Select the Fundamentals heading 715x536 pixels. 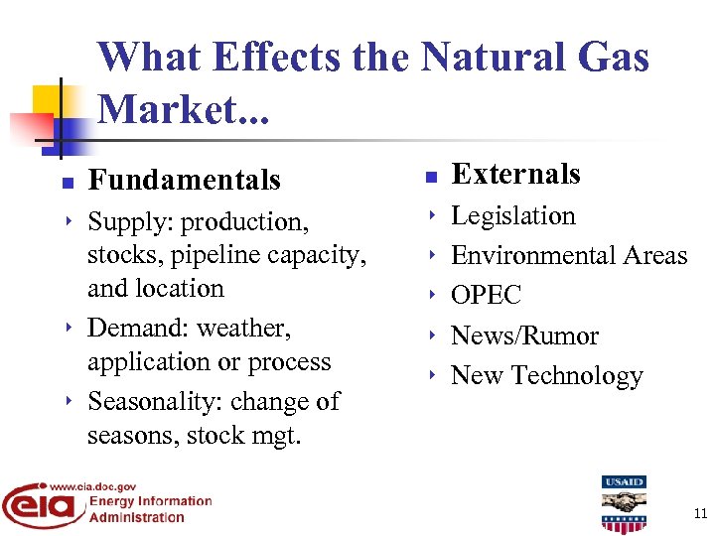[184, 181]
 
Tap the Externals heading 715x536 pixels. [515, 174]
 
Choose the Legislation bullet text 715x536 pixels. [512, 215]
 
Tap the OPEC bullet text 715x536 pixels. [486, 296]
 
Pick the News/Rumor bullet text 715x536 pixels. [524, 336]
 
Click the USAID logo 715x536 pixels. [624, 503]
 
